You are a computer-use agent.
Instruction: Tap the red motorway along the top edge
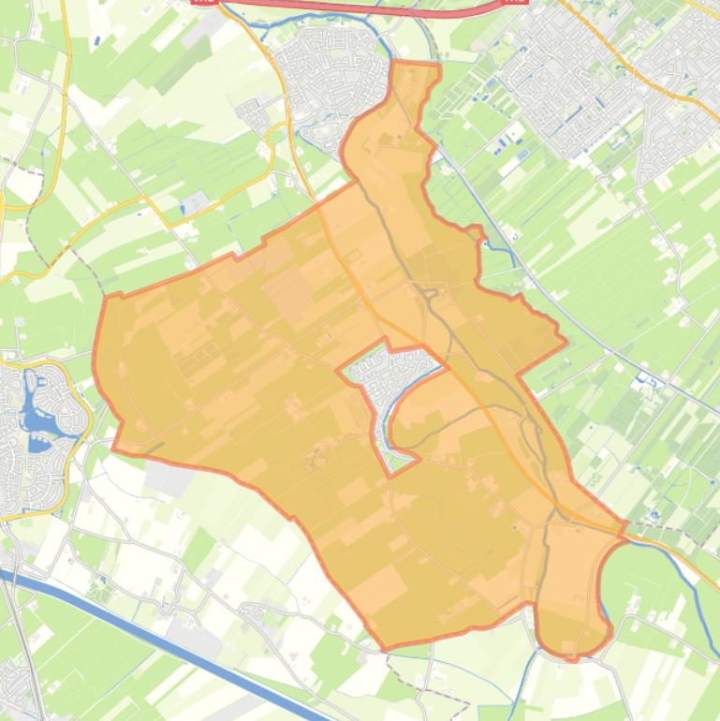click(356, 7)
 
